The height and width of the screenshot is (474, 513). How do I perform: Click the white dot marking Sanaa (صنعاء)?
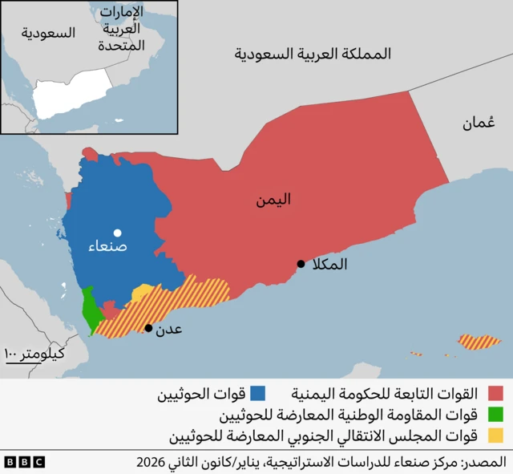click(x=117, y=232)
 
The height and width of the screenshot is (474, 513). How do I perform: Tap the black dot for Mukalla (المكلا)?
click(x=301, y=264)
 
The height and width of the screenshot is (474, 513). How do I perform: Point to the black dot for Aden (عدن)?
click(x=148, y=327)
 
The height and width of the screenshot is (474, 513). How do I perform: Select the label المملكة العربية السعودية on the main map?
click(x=313, y=55)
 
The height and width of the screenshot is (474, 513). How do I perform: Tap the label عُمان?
click(x=479, y=123)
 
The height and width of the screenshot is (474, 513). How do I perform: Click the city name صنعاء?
click(x=107, y=248)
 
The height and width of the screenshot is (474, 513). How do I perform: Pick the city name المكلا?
click(x=329, y=264)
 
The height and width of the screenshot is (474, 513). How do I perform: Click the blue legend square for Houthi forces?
click(x=257, y=393)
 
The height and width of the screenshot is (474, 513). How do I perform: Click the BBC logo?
click(x=24, y=462)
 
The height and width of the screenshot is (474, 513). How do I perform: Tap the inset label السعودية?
click(x=49, y=33)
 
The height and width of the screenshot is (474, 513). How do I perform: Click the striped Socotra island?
click(x=479, y=342)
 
